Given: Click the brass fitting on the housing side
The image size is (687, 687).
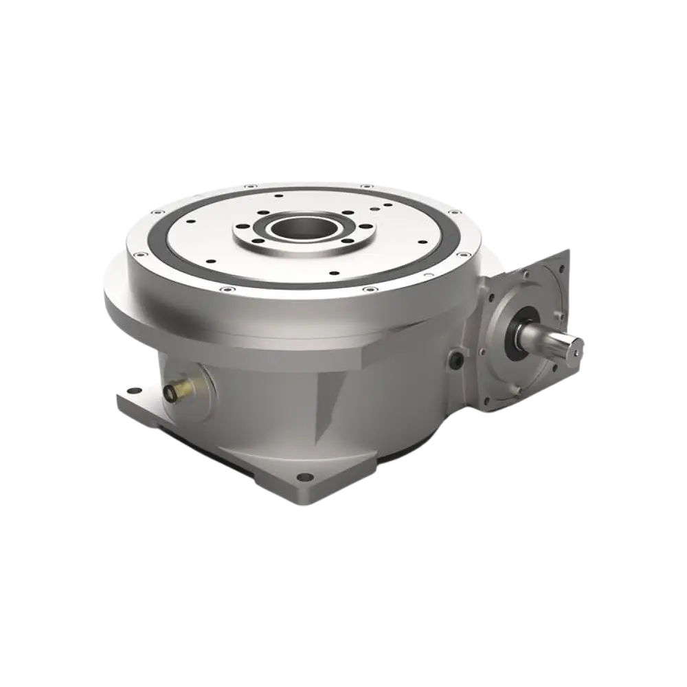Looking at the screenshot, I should pos(169,392).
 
